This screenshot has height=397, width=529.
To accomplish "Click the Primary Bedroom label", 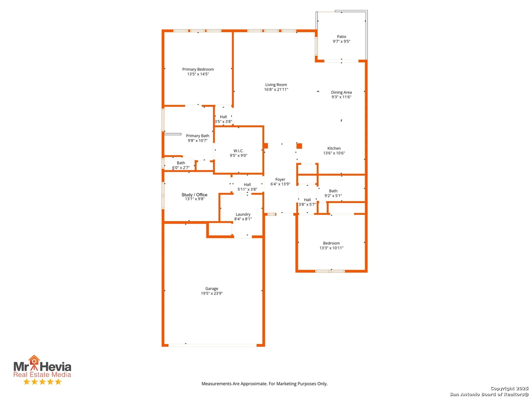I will click(x=198, y=69).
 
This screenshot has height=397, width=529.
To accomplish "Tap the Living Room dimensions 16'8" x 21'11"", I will click(x=276, y=89).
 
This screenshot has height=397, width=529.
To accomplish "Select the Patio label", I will click(x=341, y=37).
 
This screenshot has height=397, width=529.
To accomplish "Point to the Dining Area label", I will click(x=341, y=92).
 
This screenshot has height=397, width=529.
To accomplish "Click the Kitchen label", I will click(x=334, y=148).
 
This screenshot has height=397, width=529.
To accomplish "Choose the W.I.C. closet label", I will click(x=238, y=151).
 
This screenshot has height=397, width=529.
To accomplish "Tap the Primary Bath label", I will click(x=198, y=136).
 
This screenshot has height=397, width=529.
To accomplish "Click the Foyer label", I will click(x=280, y=179).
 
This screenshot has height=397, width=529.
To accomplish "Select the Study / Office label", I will click(x=194, y=195).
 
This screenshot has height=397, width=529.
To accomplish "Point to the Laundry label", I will click(x=243, y=214).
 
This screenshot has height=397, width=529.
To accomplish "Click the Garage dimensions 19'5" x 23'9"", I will click(x=212, y=293).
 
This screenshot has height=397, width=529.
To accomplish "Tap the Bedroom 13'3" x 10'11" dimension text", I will click(x=331, y=248).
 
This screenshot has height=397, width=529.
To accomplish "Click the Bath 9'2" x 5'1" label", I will click(x=333, y=191).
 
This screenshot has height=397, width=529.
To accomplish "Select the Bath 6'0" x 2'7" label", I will click(x=181, y=163).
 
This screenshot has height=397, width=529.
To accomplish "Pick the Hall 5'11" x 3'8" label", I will click(x=247, y=185).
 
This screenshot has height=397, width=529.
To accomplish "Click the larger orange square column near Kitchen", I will click(x=299, y=146).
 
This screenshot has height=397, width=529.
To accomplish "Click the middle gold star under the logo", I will click(x=42, y=382).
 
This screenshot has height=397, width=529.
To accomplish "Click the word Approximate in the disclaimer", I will click(x=254, y=384).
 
